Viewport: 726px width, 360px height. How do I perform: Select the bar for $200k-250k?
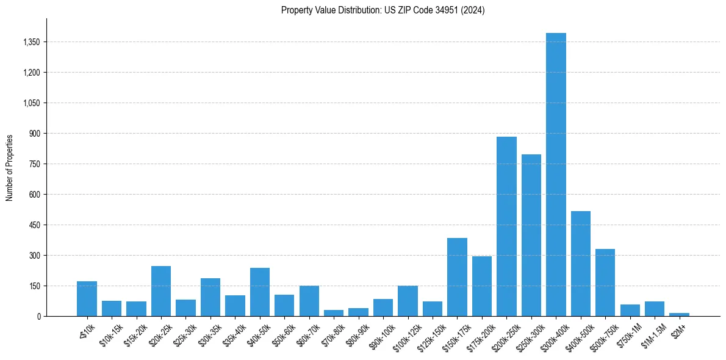point(506,226)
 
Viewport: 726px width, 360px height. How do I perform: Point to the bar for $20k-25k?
point(161,291)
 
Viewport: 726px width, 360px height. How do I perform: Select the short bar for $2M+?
point(679,314)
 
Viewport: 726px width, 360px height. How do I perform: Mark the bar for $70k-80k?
point(334,313)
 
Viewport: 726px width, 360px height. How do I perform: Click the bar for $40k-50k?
point(260,292)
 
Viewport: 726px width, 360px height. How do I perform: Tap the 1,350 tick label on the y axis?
point(31,42)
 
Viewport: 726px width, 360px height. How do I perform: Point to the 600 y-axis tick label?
point(35,195)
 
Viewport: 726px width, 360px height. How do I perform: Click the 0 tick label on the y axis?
point(38,316)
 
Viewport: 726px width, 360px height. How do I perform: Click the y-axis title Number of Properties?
point(10,167)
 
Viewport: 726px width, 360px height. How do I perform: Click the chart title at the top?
point(383,10)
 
